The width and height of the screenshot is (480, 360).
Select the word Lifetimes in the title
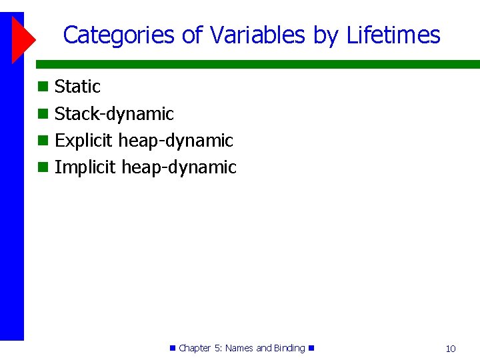click(x=393, y=35)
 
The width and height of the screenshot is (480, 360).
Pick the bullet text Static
click(x=77, y=87)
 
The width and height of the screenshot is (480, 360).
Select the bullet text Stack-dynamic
click(x=114, y=114)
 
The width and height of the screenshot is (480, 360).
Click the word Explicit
click(x=84, y=141)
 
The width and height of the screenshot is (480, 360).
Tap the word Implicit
click(x=85, y=167)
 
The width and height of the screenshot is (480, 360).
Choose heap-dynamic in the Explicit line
click(x=176, y=141)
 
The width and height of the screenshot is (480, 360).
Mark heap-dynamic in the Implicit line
click(x=179, y=167)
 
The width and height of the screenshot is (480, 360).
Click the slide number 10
click(x=451, y=349)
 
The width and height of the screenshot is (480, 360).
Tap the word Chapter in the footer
click(x=195, y=348)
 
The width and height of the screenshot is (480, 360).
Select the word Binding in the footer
click(x=289, y=348)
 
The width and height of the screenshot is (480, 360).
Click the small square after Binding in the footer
click(x=311, y=348)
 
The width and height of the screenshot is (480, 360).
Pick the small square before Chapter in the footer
click(x=173, y=348)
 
